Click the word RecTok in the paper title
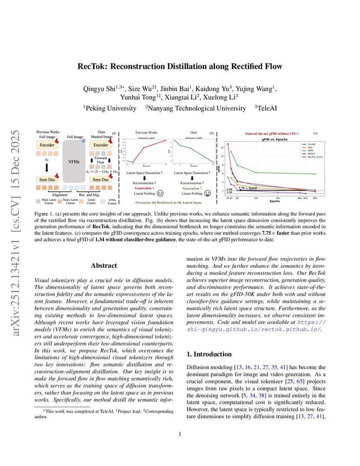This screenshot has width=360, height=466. pos(90,67)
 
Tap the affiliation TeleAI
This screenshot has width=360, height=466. pos(265,108)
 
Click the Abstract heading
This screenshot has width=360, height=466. pos(104,265)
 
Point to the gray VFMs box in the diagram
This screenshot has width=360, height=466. pos(74,161)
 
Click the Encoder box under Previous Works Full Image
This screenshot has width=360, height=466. pos(47,145)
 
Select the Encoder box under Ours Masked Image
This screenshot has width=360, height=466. pos(101,145)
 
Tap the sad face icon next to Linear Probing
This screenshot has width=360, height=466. pos(160,193)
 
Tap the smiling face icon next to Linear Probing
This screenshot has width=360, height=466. pos(207,193)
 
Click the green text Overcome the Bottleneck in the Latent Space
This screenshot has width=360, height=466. pos(168,203)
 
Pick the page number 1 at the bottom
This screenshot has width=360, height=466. pos(180,433)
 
